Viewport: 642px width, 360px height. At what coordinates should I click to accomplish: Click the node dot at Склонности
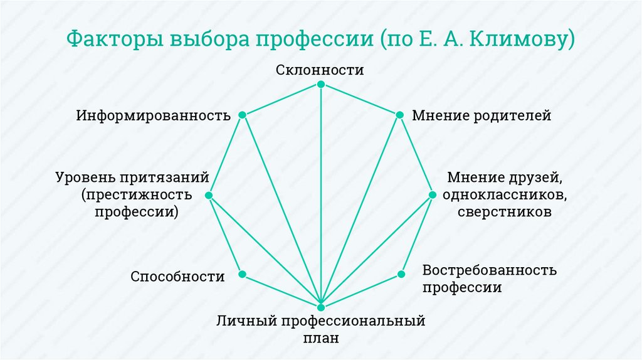click(321, 85)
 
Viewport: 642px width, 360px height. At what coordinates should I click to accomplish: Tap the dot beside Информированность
click(243, 115)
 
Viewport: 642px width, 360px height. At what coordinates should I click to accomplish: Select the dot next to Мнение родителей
click(399, 115)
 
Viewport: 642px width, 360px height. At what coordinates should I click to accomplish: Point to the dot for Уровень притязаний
click(209, 195)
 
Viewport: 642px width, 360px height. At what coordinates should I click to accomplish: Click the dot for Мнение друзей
click(432, 195)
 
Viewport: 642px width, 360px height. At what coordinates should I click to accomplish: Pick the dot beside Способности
click(242, 274)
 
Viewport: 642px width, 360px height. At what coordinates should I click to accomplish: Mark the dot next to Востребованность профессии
click(399, 274)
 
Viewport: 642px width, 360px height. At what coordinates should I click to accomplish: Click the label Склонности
click(320, 70)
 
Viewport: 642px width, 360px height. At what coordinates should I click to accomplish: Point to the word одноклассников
click(505, 194)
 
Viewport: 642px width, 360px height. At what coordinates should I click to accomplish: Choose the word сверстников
click(505, 211)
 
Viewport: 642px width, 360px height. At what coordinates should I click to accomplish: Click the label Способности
click(178, 277)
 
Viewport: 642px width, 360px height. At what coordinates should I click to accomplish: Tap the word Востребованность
click(490, 270)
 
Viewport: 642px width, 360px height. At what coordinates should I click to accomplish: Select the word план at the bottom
click(321, 338)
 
